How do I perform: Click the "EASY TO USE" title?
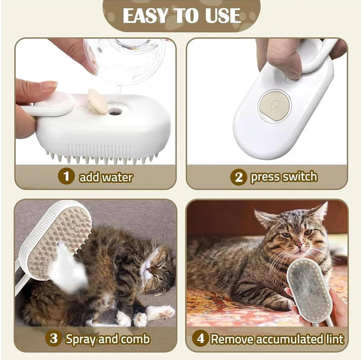click(181, 15)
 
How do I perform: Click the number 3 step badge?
click(54, 338)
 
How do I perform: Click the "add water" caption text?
click(105, 177)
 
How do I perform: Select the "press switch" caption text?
click(283, 177)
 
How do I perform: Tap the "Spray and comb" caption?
click(107, 339)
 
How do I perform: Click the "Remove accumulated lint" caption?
click(277, 339)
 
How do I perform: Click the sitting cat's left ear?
click(267, 219)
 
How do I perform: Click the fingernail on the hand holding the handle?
click(49, 86)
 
